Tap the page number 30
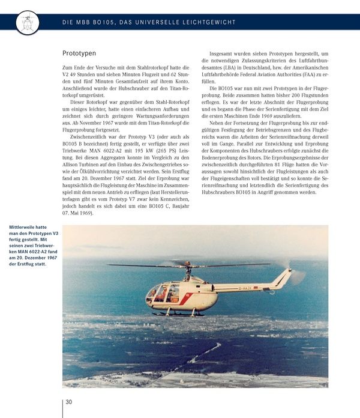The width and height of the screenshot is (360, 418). tap(69, 402)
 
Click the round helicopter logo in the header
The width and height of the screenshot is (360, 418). tap(27, 22)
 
